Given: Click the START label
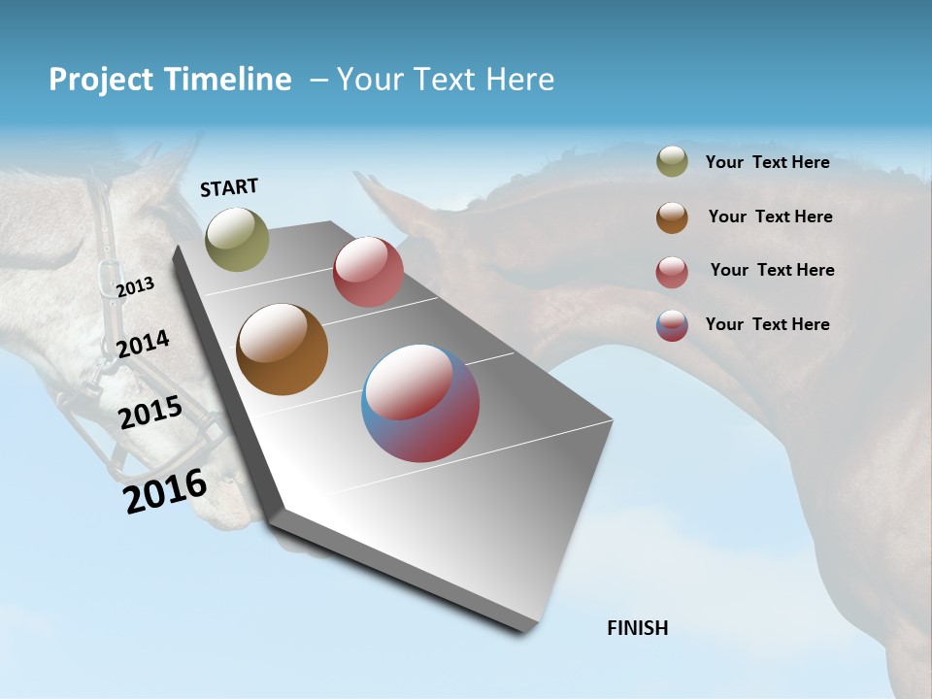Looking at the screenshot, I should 229,187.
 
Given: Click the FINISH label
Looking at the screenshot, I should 637,628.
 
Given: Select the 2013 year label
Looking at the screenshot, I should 135,287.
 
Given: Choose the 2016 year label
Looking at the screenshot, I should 165,491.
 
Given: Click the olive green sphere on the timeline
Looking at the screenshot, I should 237,239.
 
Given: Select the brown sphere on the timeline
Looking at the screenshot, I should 282,349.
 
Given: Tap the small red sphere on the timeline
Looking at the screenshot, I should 368,272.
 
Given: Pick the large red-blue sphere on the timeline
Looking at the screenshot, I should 420,403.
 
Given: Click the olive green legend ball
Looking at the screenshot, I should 672,161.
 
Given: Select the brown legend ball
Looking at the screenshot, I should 672,217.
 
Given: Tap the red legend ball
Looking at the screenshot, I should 672,272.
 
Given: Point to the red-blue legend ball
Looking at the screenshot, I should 672,325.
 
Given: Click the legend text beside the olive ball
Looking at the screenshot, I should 767,162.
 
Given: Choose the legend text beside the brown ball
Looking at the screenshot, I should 770,216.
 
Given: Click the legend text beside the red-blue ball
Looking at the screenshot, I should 767,324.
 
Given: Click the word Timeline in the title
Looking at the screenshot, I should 230,80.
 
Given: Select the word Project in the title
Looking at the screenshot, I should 100,80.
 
